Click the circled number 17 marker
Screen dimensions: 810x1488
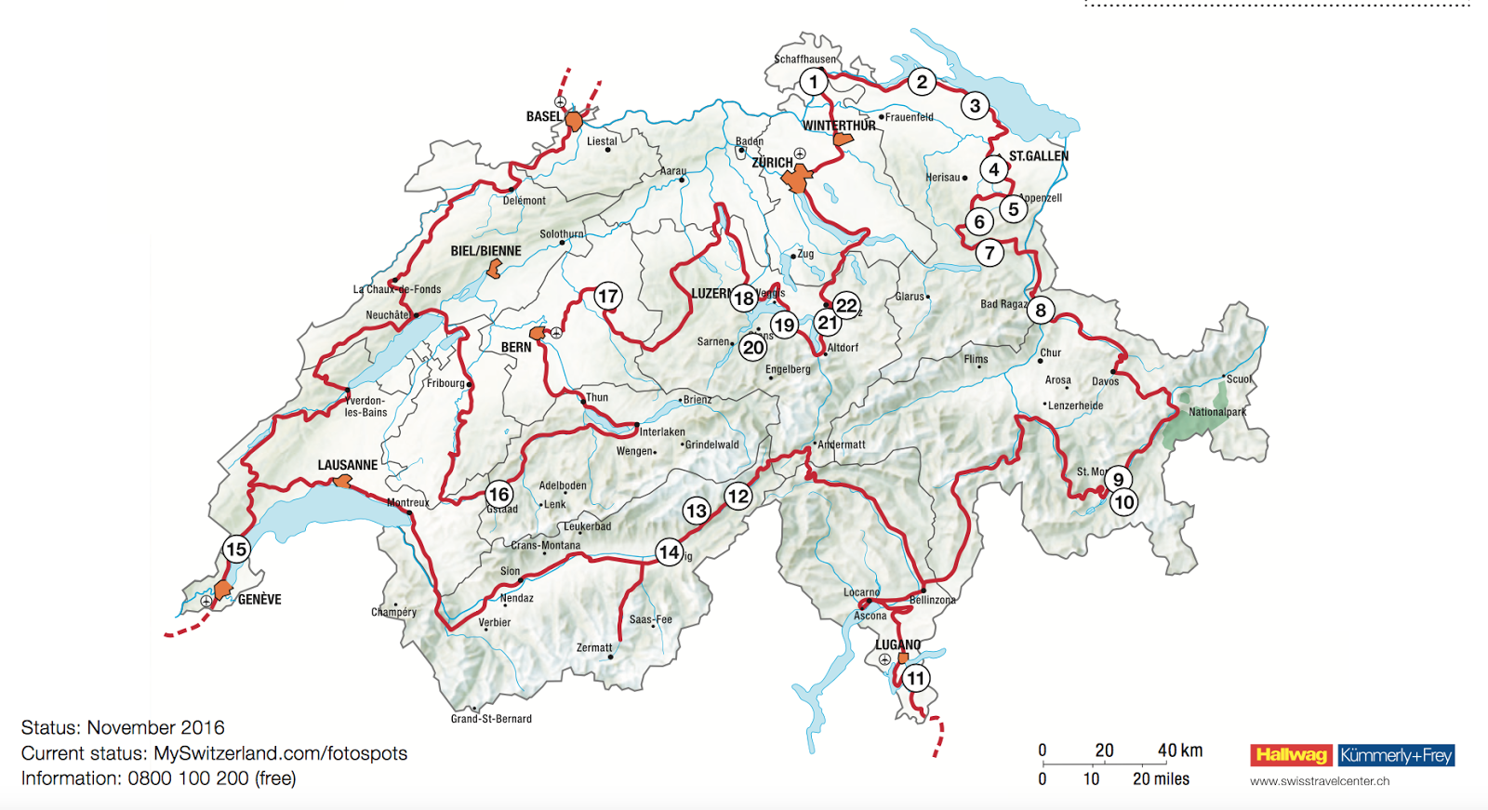pyautogui.click(x=607, y=297)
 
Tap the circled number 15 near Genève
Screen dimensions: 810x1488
pyautogui.click(x=236, y=549)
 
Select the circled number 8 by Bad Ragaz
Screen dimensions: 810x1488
pyautogui.click(x=1041, y=311)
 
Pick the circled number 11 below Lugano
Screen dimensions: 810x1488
pyautogui.click(x=916, y=678)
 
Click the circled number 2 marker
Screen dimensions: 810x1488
pyautogui.click(x=922, y=82)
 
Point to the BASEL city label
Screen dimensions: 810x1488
pyautogui.click(x=543, y=117)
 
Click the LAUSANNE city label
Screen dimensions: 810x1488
pyautogui.click(x=347, y=465)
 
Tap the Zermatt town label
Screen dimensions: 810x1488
pyautogui.click(x=593, y=648)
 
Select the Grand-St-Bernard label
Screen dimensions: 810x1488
pyautogui.click(x=491, y=719)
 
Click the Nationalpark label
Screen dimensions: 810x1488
pyautogui.click(x=1216, y=412)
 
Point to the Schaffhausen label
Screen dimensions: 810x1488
pyautogui.click(x=804, y=59)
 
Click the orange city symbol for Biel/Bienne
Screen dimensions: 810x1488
pyautogui.click(x=495, y=270)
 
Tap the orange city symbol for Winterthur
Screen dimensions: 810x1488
pyautogui.click(x=843, y=139)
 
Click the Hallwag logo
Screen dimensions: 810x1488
pyautogui.click(x=1291, y=755)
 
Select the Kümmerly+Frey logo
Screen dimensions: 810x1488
pyautogui.click(x=1396, y=755)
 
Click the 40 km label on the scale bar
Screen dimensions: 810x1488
pyautogui.click(x=1179, y=750)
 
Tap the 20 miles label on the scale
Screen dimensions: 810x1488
pyautogui.click(x=1160, y=779)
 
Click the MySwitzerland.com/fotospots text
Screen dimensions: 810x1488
pyautogui.click(x=280, y=753)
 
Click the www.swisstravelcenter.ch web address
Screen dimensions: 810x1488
pyautogui.click(x=1319, y=781)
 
